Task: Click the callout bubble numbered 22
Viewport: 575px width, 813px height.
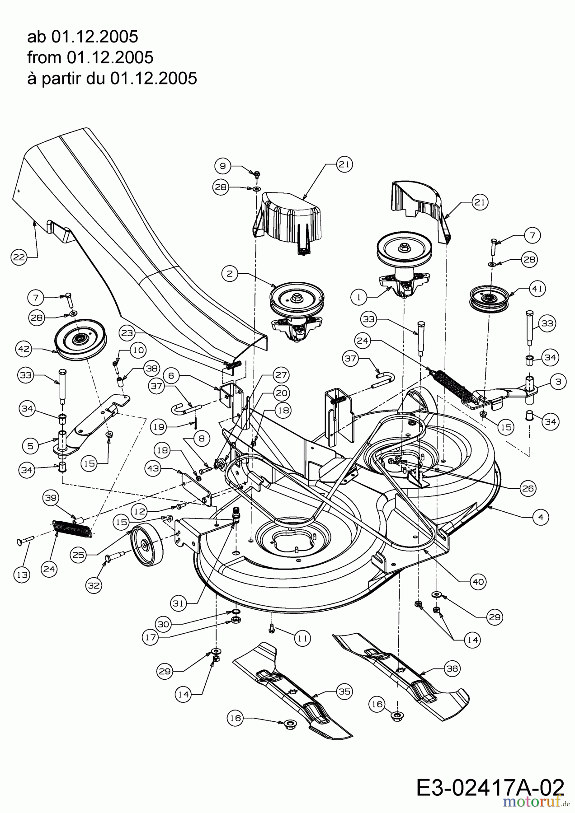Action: [x=19, y=257]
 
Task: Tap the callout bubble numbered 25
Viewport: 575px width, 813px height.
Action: [x=79, y=555]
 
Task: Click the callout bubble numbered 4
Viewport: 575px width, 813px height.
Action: [x=541, y=517]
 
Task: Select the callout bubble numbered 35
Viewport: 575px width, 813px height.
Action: [x=344, y=692]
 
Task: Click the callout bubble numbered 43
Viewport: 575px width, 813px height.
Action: [x=154, y=469]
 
